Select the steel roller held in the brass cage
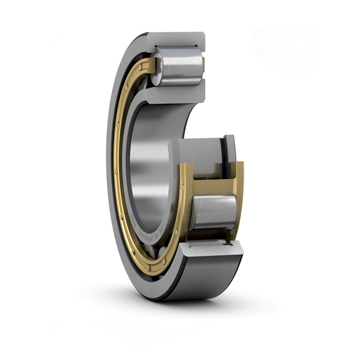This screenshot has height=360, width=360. [x=214, y=212]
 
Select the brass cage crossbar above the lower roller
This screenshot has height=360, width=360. [x=212, y=186]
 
